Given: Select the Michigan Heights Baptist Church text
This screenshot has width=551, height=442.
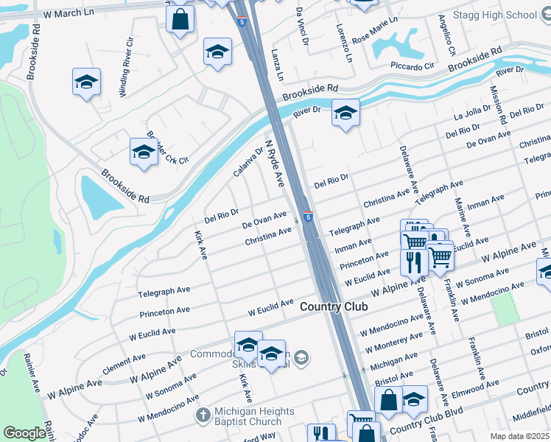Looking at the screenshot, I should pyautogui.click(x=255, y=416).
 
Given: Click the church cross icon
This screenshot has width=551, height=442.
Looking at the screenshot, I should pyautogui.click(x=204, y=415).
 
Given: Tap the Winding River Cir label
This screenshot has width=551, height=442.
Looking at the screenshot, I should pyautogui.click(x=126, y=64).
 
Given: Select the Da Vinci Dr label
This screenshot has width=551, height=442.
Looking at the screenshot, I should pyautogui.click(x=301, y=25).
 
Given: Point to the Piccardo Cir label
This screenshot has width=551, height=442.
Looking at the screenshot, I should pyautogui.click(x=414, y=66).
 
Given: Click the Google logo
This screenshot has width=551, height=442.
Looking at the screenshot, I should pyautogui.click(x=24, y=433).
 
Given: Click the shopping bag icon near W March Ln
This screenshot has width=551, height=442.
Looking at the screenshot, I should pyautogui.click(x=180, y=20).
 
